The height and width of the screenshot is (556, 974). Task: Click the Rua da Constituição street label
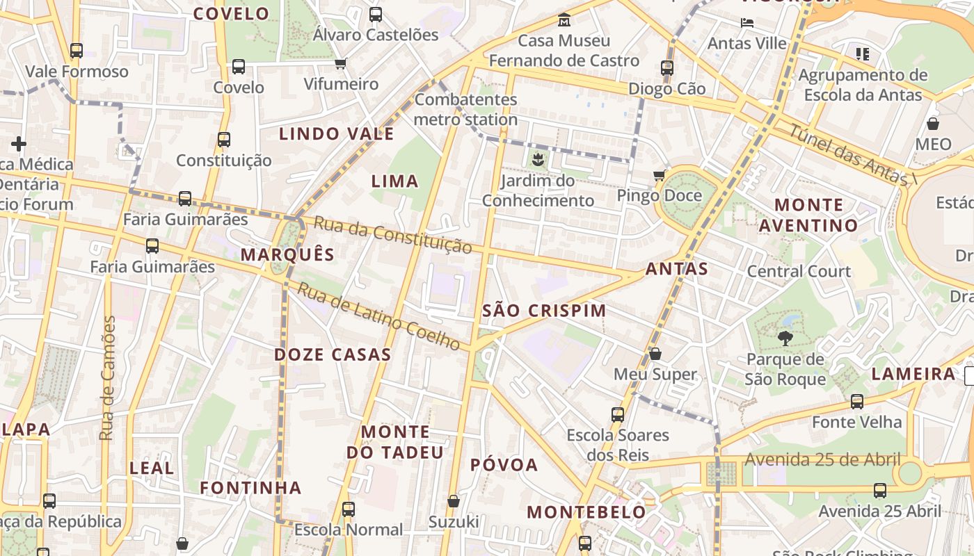pyautogui.click(x=392, y=235)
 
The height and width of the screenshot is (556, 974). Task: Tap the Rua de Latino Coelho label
pyautogui.click(x=378, y=316)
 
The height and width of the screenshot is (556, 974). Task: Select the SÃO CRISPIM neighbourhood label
pyautogui.click(x=544, y=311)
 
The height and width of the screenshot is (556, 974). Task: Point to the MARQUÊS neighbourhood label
pyautogui.click(x=288, y=254)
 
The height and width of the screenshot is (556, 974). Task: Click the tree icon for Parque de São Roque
pyautogui.click(x=785, y=338)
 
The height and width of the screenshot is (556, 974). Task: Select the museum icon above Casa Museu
pyautogui.click(x=564, y=19)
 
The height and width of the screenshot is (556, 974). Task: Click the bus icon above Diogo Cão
pyautogui.click(x=667, y=68)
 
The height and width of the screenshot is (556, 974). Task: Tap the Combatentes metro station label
pyautogui.click(x=466, y=109)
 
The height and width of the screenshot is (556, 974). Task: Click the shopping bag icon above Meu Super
pyautogui.click(x=655, y=354)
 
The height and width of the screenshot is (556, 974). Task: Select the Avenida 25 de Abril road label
pyautogui.click(x=822, y=459)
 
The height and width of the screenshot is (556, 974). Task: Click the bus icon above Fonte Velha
pyautogui.click(x=857, y=402)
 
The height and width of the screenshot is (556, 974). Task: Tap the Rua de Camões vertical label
pyautogui.click(x=107, y=378)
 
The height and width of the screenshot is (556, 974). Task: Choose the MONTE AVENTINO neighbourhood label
pyautogui.click(x=808, y=215)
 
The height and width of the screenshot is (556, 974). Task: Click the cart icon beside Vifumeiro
pyautogui.click(x=340, y=64)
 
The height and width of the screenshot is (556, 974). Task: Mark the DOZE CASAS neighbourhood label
pyautogui.click(x=333, y=354)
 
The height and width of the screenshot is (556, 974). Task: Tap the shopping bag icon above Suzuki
pyautogui.click(x=454, y=501)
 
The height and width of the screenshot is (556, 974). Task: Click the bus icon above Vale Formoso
pyautogui.click(x=77, y=51)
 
